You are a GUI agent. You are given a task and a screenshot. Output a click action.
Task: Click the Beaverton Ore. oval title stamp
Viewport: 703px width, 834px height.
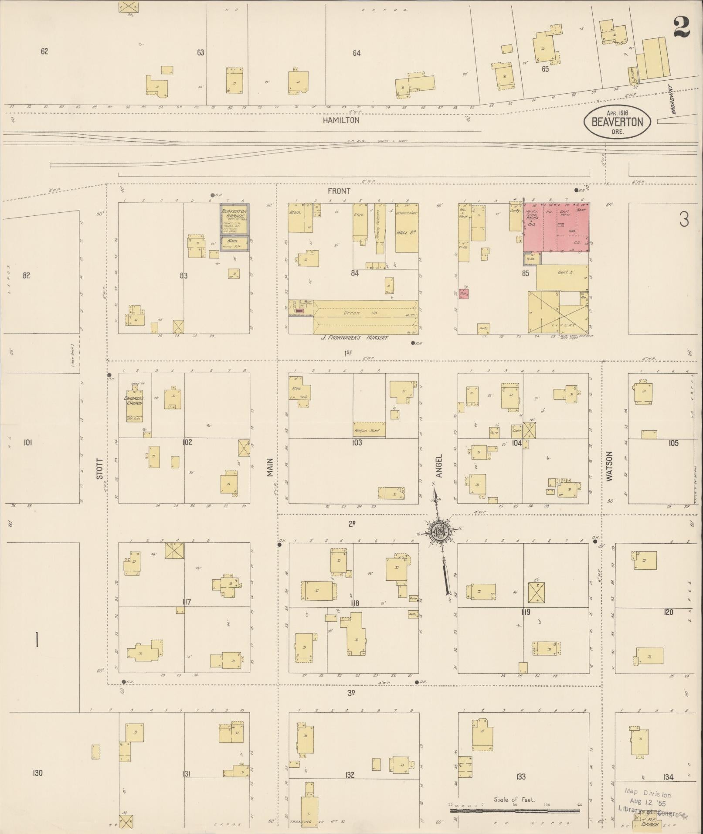617,122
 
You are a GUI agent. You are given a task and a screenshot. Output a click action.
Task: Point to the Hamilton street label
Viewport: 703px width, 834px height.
341,120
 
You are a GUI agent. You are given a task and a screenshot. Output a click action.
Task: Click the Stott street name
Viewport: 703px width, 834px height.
100,469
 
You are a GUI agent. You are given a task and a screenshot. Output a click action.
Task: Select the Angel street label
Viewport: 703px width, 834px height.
439,466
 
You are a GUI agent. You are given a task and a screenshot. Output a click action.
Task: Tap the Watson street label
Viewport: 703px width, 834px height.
609,466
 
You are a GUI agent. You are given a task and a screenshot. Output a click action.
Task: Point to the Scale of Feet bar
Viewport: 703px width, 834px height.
514,811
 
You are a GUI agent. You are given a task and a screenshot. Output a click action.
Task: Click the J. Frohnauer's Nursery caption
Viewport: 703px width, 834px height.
354,337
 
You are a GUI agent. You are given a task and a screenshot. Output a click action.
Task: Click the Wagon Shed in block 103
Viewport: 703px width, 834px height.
369,430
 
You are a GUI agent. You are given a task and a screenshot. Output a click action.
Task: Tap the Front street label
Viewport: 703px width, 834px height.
340,191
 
